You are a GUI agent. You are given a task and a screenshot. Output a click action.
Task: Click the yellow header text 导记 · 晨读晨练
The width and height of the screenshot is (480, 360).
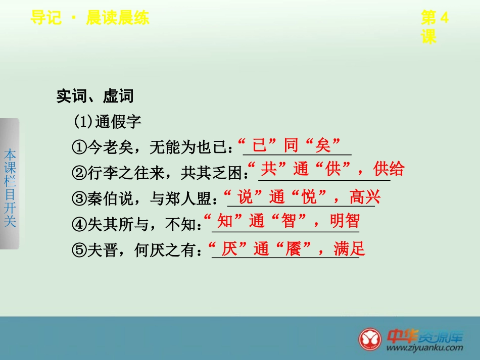pos(89,19)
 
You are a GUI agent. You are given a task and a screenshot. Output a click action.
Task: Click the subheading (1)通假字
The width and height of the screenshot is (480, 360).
pos(107,122)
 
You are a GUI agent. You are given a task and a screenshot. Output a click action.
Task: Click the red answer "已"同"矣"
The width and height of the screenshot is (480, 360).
pos(291,145)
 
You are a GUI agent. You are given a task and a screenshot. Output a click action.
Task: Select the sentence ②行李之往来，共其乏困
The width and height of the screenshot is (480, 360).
pos(159,173)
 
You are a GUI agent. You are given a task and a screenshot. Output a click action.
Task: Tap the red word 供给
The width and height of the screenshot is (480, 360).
pos(389,169)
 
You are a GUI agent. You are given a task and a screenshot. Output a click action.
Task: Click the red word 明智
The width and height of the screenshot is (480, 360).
pos(345,221)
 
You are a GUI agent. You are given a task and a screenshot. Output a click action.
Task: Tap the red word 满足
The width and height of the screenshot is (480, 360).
pos(349,249)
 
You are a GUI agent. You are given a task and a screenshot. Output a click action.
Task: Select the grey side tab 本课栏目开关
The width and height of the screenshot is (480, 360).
pos(10,184)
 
